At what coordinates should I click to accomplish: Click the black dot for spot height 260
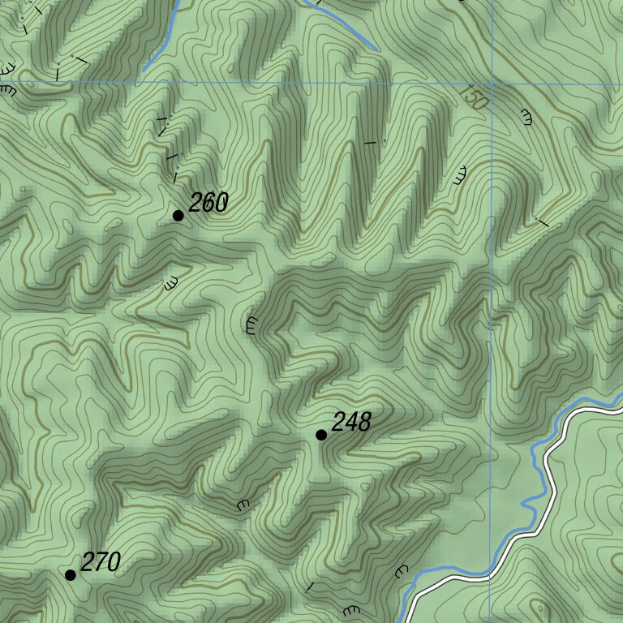coord(178,215)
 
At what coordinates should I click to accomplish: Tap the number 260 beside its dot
coord(208,203)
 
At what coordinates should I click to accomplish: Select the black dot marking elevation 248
coord(321,435)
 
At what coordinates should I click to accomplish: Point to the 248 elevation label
coord(351,422)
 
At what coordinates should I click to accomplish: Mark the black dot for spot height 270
coord(71,574)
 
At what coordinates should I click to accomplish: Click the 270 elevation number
coord(101,561)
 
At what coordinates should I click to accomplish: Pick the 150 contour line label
coord(473,97)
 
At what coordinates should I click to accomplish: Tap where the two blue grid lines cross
coord(491,84)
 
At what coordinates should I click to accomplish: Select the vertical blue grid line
coord(491,324)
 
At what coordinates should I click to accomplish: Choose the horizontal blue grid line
coord(243,83)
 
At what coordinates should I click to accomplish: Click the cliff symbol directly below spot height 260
coord(170,284)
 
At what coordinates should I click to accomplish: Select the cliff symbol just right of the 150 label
coord(526,117)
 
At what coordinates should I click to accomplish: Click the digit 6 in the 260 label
coord(208,203)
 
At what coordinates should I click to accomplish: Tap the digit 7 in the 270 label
coord(101,561)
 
